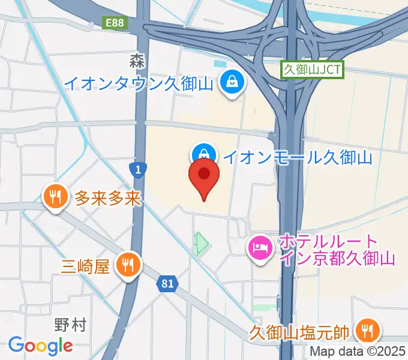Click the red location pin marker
204,176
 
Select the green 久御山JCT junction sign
313,69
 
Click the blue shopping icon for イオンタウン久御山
231,81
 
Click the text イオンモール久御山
298,157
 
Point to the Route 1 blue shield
138,170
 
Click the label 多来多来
108,197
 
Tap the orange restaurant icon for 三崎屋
127,264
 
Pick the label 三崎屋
86,265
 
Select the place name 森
136,60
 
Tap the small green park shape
201,244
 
